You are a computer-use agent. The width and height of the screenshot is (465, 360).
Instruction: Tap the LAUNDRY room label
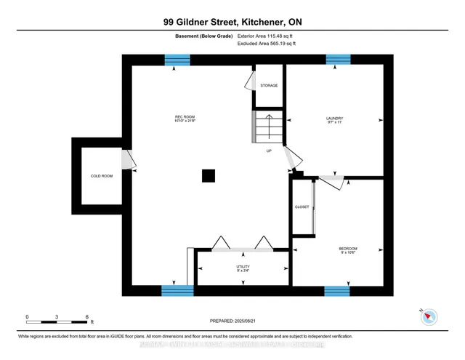tap(335, 119)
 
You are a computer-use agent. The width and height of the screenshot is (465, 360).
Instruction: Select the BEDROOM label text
tap(348, 252)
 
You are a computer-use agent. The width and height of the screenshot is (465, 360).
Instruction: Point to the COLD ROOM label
tap(102, 176)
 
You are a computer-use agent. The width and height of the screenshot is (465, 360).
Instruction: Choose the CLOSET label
tap(302, 207)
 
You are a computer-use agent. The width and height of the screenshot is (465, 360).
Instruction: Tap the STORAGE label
tap(269, 86)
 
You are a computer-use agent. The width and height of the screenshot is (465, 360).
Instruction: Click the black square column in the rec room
tap(209, 175)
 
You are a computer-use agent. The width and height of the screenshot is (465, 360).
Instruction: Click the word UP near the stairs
tap(269, 151)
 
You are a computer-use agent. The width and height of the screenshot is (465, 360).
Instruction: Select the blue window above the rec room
tap(176, 60)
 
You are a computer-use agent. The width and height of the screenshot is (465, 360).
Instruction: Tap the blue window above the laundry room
tap(337, 60)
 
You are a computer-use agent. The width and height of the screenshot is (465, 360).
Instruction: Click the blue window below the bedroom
tap(336, 292)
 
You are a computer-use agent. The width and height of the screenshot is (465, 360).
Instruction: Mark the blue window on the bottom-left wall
tap(177, 292)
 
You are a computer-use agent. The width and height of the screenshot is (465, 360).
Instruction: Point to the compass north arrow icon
tap(429, 316)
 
